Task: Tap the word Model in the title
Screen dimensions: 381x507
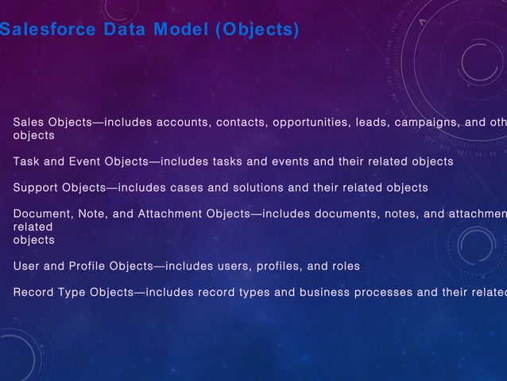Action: (x=183, y=31)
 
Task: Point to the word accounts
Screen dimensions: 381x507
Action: (x=182, y=122)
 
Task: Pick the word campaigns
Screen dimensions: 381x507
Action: (x=428, y=122)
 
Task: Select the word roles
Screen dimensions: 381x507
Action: (x=343, y=266)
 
